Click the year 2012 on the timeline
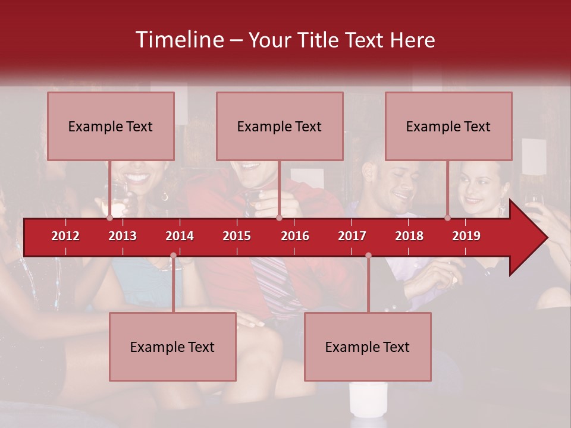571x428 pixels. [x=65, y=236]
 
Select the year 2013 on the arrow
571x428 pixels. [x=123, y=236]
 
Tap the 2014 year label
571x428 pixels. [x=180, y=236]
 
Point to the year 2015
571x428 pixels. [x=237, y=236]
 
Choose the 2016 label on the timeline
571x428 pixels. [x=295, y=236]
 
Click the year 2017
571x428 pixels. [x=352, y=236]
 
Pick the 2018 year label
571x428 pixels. [x=409, y=236]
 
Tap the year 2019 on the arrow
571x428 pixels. [x=466, y=236]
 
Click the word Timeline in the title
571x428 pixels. [x=179, y=40]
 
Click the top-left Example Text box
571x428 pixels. [x=111, y=126]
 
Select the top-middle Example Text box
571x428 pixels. [x=280, y=126]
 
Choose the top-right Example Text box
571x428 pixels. [x=448, y=126]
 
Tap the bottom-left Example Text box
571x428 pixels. [x=172, y=347]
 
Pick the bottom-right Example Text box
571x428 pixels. [x=368, y=347]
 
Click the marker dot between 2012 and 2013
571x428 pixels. [x=109, y=218]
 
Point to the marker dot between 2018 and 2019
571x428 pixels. [x=448, y=218]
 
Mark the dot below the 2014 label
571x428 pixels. [x=173, y=255]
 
